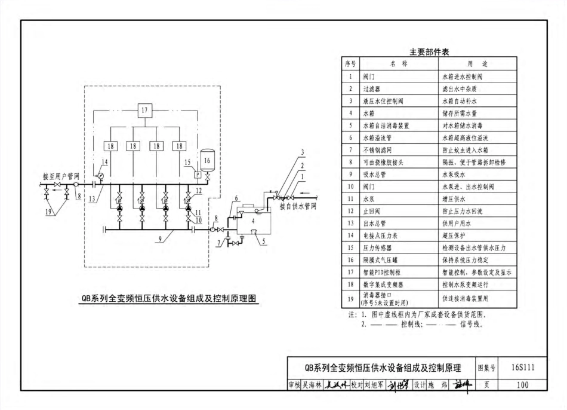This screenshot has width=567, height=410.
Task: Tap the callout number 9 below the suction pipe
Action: click(161, 241)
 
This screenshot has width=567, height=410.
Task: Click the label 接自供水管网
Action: click(298, 207)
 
